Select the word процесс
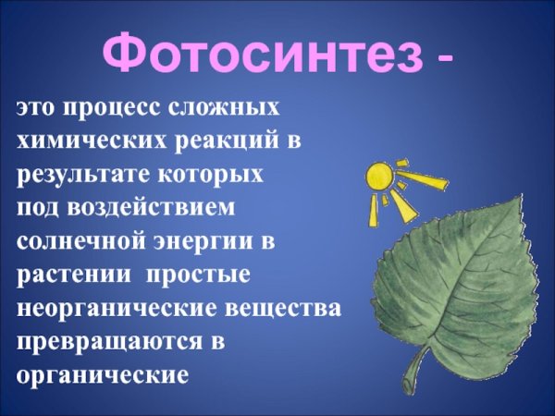(x=114, y=108)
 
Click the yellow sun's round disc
(x=379, y=177)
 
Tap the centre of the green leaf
(x=453, y=277)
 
